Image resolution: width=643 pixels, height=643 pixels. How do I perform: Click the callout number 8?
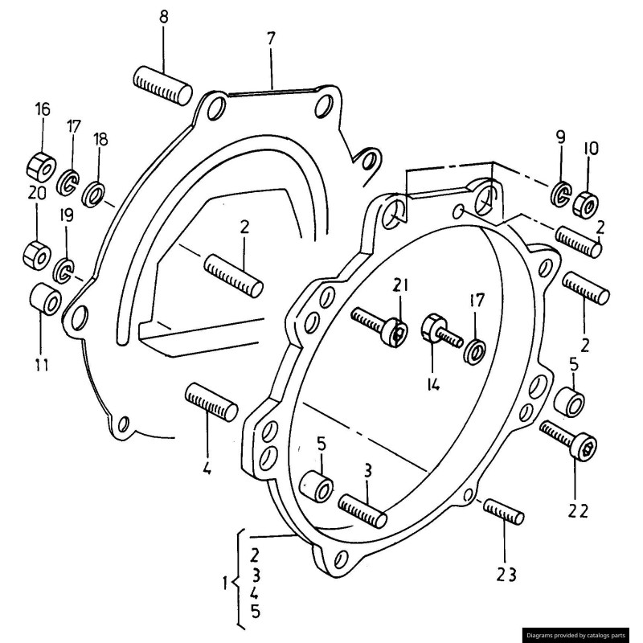pos(164,18)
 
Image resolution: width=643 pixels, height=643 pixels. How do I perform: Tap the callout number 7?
pos(270,38)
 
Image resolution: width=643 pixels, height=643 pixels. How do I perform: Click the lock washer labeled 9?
pos(562,194)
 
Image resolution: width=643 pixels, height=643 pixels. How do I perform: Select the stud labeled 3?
pos(363,510)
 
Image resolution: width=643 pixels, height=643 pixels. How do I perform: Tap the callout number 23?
pos(506,574)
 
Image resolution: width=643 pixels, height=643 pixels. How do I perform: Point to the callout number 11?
pos(41,364)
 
